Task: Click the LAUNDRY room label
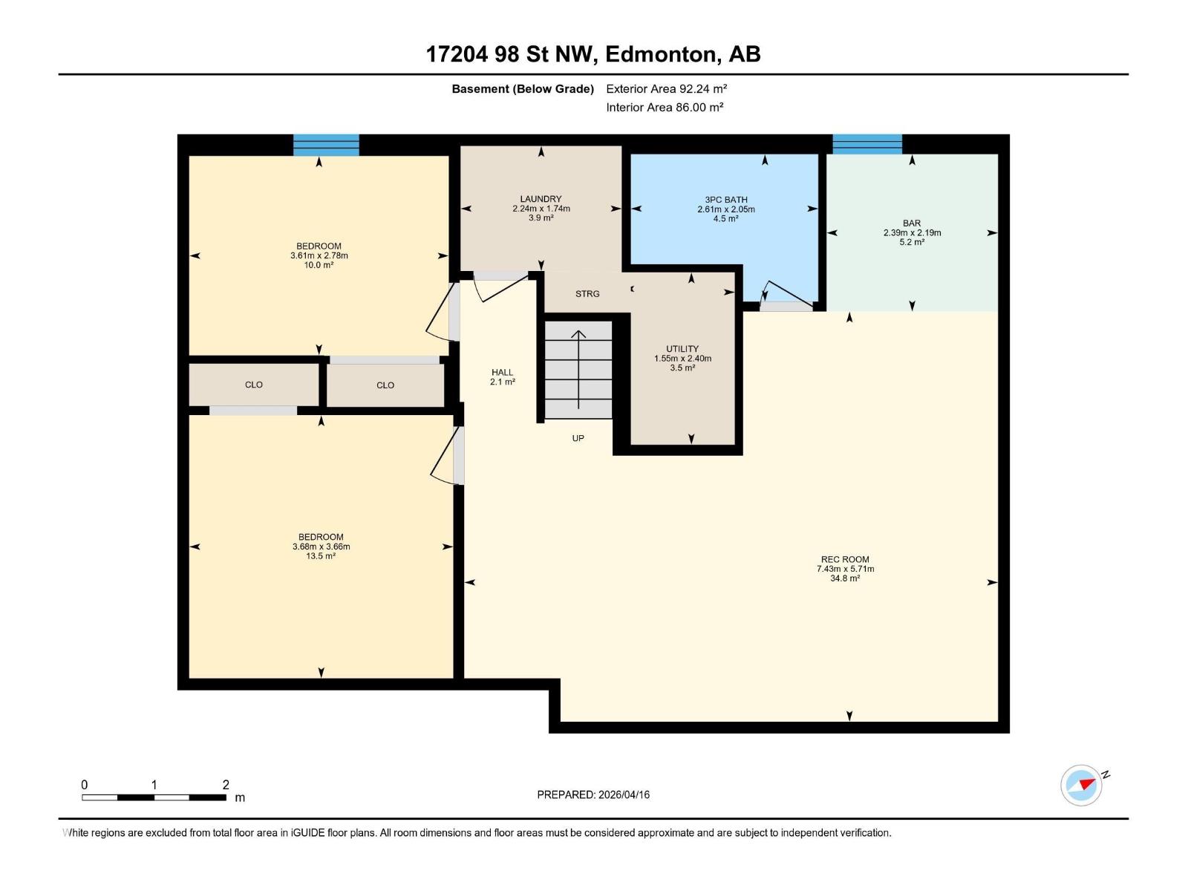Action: [541, 199]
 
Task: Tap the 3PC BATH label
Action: [725, 200]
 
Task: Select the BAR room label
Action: [912, 223]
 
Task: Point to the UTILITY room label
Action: [682, 349]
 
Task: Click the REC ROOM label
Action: [845, 559]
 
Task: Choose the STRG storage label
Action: [587, 294]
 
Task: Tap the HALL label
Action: [502, 372]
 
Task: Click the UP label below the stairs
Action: [578, 438]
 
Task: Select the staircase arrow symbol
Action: [578, 370]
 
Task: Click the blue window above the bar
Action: [867, 145]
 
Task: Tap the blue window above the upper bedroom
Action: [327, 145]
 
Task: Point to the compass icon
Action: [1081, 785]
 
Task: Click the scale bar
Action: [154, 797]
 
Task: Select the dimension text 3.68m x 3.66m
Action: [321, 546]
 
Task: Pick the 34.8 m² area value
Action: [845, 578]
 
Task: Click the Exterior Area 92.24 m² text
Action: [666, 88]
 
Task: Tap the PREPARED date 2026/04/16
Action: [624, 794]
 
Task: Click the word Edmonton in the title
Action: [663, 54]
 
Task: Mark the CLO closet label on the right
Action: [385, 385]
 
